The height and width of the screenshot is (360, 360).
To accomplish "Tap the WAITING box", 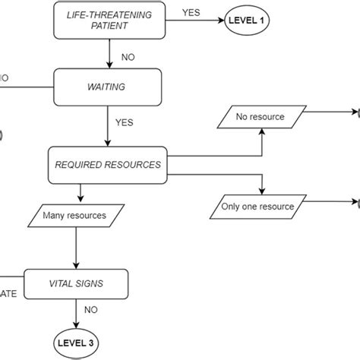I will pyautogui.click(x=107, y=87).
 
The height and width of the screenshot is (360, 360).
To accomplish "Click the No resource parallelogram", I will pyautogui.click(x=260, y=116).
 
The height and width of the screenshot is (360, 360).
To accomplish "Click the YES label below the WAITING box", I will pyautogui.click(x=125, y=122).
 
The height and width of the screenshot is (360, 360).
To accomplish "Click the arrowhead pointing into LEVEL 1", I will pyautogui.click(x=215, y=20).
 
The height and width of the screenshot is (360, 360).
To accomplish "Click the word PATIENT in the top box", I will pyautogui.click(x=108, y=25).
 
